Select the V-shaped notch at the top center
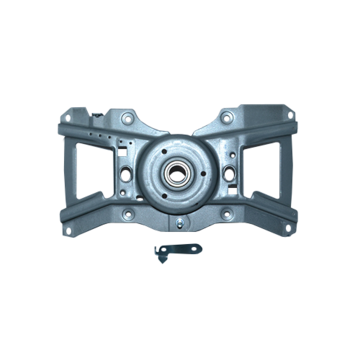[x=180, y=121]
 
